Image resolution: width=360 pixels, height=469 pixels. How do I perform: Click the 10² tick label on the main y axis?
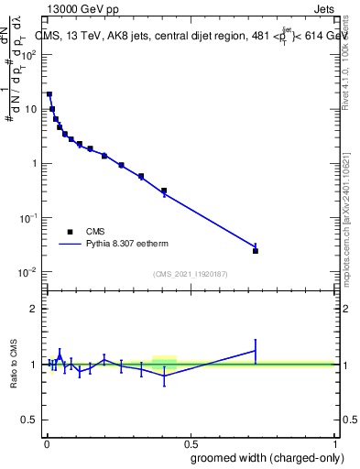pos(31,54)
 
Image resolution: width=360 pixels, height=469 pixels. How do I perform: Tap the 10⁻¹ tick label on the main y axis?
pos(30,218)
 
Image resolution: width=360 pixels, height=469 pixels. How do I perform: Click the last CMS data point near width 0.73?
pos(256,251)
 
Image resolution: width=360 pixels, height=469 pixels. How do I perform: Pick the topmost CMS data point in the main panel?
pos(49,93)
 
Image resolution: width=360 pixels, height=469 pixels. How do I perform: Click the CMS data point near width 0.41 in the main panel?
pos(164,191)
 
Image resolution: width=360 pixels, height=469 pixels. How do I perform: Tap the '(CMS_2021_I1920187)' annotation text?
pos(190,273)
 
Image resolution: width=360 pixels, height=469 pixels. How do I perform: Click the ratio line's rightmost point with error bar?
pos(256,351)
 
